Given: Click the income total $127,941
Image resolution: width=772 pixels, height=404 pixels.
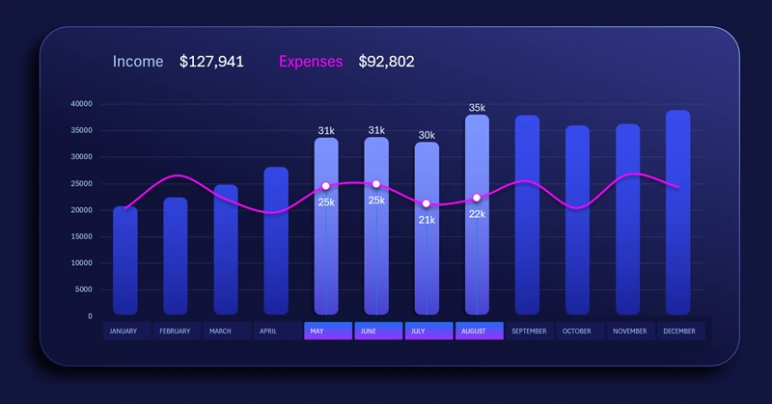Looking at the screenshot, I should coord(211,62).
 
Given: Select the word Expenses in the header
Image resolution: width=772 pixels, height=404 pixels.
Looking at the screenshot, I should coord(311,62).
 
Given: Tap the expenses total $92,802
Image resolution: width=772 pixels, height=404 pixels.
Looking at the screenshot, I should coord(386,62).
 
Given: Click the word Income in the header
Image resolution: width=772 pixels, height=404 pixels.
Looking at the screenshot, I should coord(137,62).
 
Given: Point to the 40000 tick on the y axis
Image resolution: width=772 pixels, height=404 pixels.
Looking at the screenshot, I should coord(82,103).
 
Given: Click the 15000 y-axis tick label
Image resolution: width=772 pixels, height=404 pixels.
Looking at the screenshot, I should coord(82,236).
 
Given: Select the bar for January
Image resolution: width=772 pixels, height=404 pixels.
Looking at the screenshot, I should coord(125,260).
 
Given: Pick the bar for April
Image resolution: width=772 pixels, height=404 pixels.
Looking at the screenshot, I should coord(276,241).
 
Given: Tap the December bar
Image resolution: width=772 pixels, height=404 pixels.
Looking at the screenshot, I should coord(678,212).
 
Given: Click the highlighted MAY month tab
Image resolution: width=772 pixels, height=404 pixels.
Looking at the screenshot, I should coord(327,331).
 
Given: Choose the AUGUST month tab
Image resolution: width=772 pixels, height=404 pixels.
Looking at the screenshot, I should coord(479,331).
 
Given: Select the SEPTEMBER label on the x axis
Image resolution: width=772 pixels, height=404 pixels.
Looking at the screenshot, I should coord(529,331).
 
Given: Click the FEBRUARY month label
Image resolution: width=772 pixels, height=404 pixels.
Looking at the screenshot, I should coord(176,331).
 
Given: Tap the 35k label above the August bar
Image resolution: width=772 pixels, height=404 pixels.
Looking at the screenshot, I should coord(477,108).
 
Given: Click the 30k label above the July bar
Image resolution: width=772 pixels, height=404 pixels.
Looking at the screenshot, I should coord(427,135).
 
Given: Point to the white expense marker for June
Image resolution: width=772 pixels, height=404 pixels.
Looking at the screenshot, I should coord(376,184).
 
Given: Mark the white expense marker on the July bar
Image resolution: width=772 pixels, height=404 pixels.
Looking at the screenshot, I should coord(427,203).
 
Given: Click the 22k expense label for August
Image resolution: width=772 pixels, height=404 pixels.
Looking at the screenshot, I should coord(477,214).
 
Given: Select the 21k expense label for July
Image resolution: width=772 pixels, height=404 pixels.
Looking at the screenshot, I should coord(427,220).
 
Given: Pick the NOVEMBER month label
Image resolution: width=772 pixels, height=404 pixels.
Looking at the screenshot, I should coord(630,331).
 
